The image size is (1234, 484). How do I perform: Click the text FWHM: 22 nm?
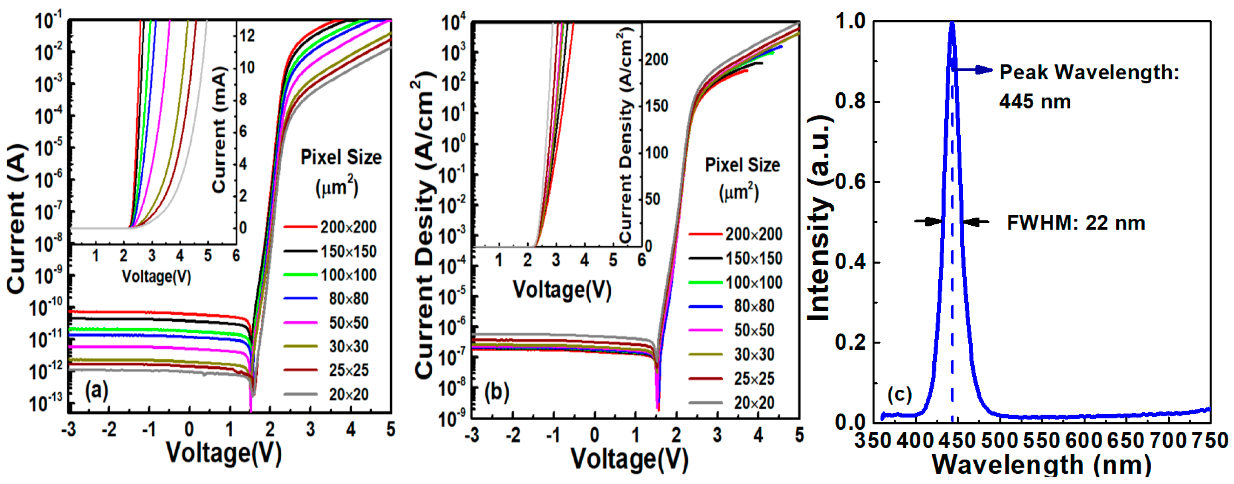coord(1075,223)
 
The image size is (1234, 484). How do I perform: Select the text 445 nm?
coord(1034,102)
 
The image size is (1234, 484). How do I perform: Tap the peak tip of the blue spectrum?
coord(952,23)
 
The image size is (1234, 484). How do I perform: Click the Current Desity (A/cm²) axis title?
coord(425,225)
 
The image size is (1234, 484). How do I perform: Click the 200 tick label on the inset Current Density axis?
coord(656,60)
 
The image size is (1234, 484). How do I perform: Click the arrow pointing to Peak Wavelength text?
coord(972,70)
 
